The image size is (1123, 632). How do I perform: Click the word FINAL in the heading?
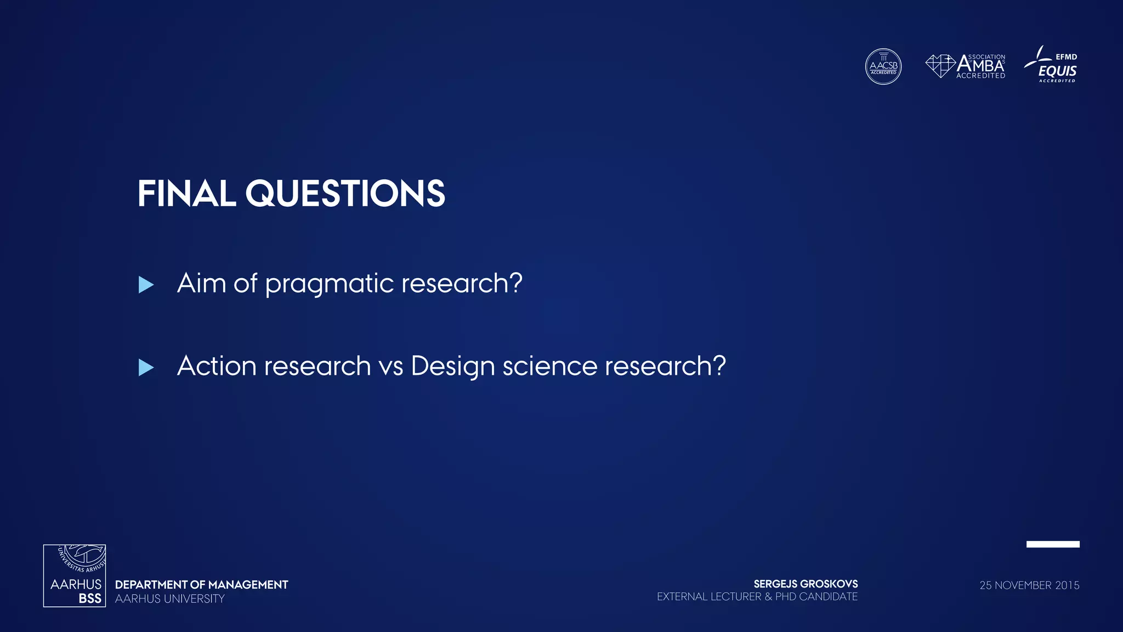(186, 194)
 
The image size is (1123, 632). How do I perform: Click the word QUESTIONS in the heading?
(345, 194)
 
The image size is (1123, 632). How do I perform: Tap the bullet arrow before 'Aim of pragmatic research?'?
(146, 285)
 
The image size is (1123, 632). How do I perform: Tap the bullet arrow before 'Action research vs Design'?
(146, 368)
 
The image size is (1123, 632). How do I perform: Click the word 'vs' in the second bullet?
(390, 366)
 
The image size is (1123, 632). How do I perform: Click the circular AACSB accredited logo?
(883, 66)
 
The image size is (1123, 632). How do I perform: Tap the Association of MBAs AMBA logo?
(966, 66)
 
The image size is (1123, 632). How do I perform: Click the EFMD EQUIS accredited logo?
(1051, 65)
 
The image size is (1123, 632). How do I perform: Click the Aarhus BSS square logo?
(75, 575)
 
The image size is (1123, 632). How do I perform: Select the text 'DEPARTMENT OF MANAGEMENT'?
(201, 585)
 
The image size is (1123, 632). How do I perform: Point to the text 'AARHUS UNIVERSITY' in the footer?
(169, 599)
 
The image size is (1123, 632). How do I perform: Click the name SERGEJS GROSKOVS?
(805, 584)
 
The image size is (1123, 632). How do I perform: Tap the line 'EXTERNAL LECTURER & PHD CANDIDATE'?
(757, 597)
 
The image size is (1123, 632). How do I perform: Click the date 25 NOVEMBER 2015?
(1029, 585)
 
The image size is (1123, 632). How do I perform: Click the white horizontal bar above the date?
(1053, 544)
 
